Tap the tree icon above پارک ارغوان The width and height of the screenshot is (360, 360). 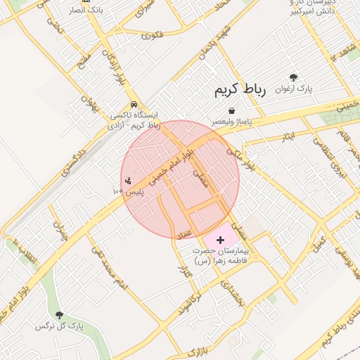(x=293, y=77)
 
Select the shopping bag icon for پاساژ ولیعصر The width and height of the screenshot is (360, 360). (x=231, y=110)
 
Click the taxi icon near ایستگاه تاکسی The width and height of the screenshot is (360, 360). (x=134, y=105)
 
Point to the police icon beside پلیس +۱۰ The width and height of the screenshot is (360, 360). (x=127, y=181)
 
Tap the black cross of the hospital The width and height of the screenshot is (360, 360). (x=221, y=240)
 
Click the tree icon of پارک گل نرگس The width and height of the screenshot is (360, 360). (x=59, y=316)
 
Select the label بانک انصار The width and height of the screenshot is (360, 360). (x=86, y=11)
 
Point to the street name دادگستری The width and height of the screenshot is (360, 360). (x=72, y=161)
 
